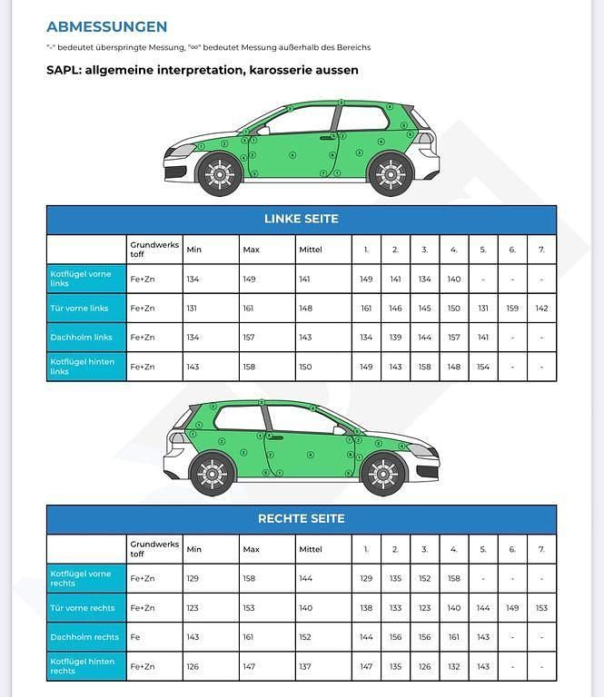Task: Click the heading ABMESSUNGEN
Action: click(106, 27)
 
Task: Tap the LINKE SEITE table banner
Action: click(301, 219)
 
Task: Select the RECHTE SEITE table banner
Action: click(301, 519)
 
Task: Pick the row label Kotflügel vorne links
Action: click(86, 279)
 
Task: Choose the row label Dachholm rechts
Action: click(86, 637)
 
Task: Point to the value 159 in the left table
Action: click(512, 309)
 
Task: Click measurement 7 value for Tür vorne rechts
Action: click(541, 608)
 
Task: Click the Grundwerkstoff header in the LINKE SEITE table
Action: click(154, 249)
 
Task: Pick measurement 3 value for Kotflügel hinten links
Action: click(424, 367)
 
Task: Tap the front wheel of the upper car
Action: click(220, 173)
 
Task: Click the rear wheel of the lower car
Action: click(213, 473)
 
